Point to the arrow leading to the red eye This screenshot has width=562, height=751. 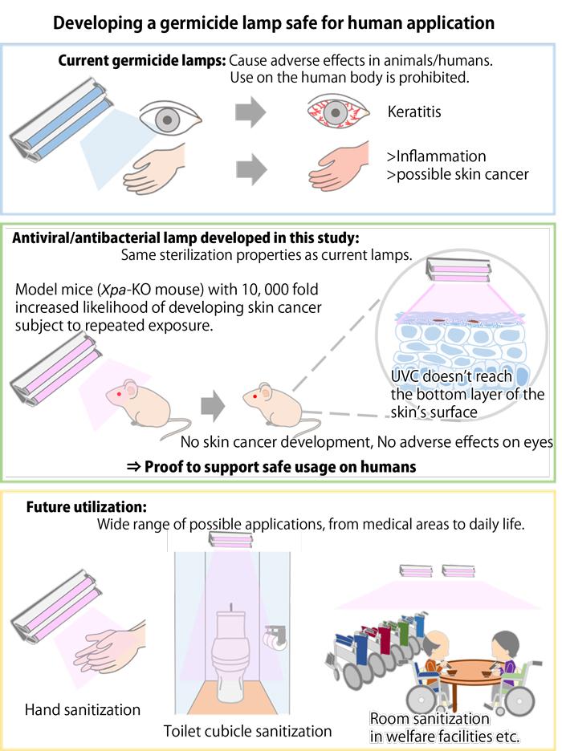250,113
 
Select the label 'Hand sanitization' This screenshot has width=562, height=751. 83,710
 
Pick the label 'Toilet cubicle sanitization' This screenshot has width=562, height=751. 247,731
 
